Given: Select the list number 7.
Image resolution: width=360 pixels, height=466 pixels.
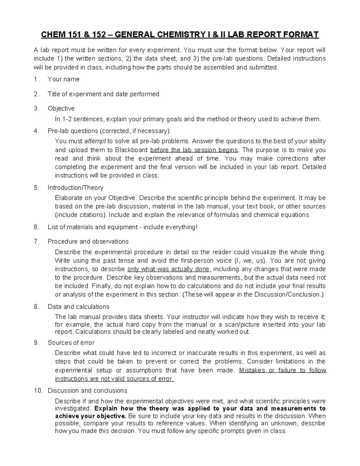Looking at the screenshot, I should tap(36, 242).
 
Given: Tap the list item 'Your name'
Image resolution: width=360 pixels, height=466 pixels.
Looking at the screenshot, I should tap(64, 79).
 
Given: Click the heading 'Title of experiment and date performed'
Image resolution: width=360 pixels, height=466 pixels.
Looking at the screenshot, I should tap(103, 94).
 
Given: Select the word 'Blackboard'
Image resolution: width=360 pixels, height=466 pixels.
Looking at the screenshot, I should tap(132, 150).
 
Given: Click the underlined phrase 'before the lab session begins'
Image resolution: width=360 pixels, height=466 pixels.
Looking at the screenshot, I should tap(194, 150).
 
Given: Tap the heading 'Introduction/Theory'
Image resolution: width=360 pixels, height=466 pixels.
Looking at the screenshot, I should tap(75, 188).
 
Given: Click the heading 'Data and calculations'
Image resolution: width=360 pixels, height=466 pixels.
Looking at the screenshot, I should tap(79, 307).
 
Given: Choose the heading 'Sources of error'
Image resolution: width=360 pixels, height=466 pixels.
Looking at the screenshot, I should tap(71, 343).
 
